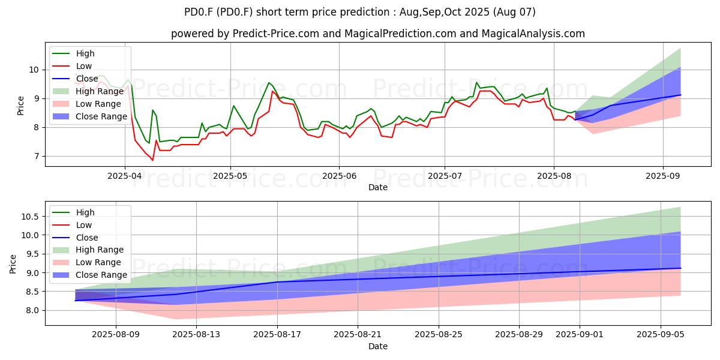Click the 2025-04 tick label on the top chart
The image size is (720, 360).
124,176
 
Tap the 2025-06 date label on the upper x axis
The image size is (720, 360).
339,176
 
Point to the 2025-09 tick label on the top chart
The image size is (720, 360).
663,176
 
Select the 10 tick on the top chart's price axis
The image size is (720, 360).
34,70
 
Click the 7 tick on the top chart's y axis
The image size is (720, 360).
37,156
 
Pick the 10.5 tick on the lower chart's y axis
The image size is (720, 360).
30,217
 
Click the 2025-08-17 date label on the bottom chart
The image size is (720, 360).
277,335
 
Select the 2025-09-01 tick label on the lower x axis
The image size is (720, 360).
580,335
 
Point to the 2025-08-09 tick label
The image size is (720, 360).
116,335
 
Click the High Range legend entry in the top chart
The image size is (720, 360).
88,91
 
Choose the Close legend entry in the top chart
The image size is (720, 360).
75,79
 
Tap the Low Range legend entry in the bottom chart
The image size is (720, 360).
87,262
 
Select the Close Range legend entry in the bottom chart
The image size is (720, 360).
90,275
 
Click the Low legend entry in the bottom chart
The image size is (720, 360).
72,225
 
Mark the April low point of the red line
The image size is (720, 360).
152,160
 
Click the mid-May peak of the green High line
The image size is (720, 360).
269,83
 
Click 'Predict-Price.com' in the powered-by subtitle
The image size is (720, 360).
276,34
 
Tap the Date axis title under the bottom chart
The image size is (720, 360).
378,346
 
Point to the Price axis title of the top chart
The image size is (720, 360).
20,106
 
